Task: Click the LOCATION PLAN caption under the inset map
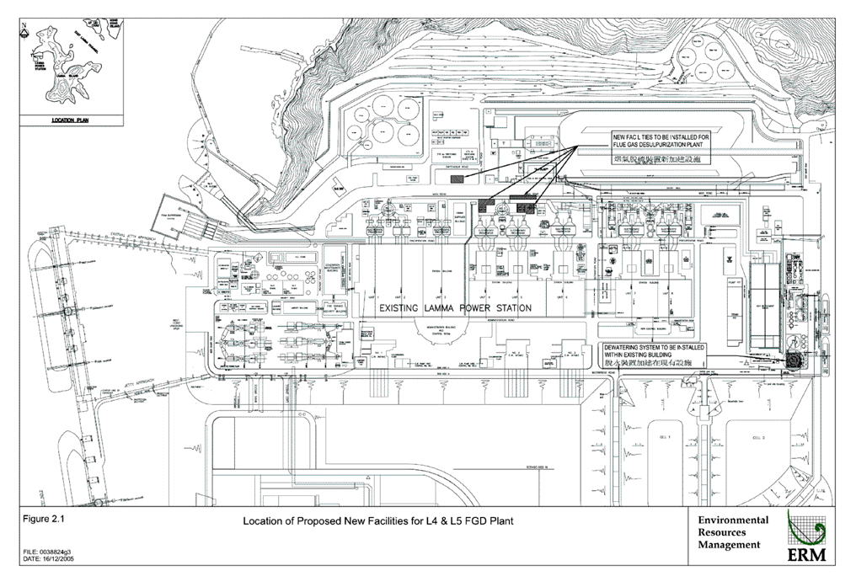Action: [x=70, y=120]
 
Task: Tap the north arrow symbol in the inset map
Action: [x=25, y=35]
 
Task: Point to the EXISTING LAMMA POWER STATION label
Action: [x=454, y=307]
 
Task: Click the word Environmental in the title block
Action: [x=733, y=520]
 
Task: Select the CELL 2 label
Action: [x=757, y=438]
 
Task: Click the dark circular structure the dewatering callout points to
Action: [x=794, y=359]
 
